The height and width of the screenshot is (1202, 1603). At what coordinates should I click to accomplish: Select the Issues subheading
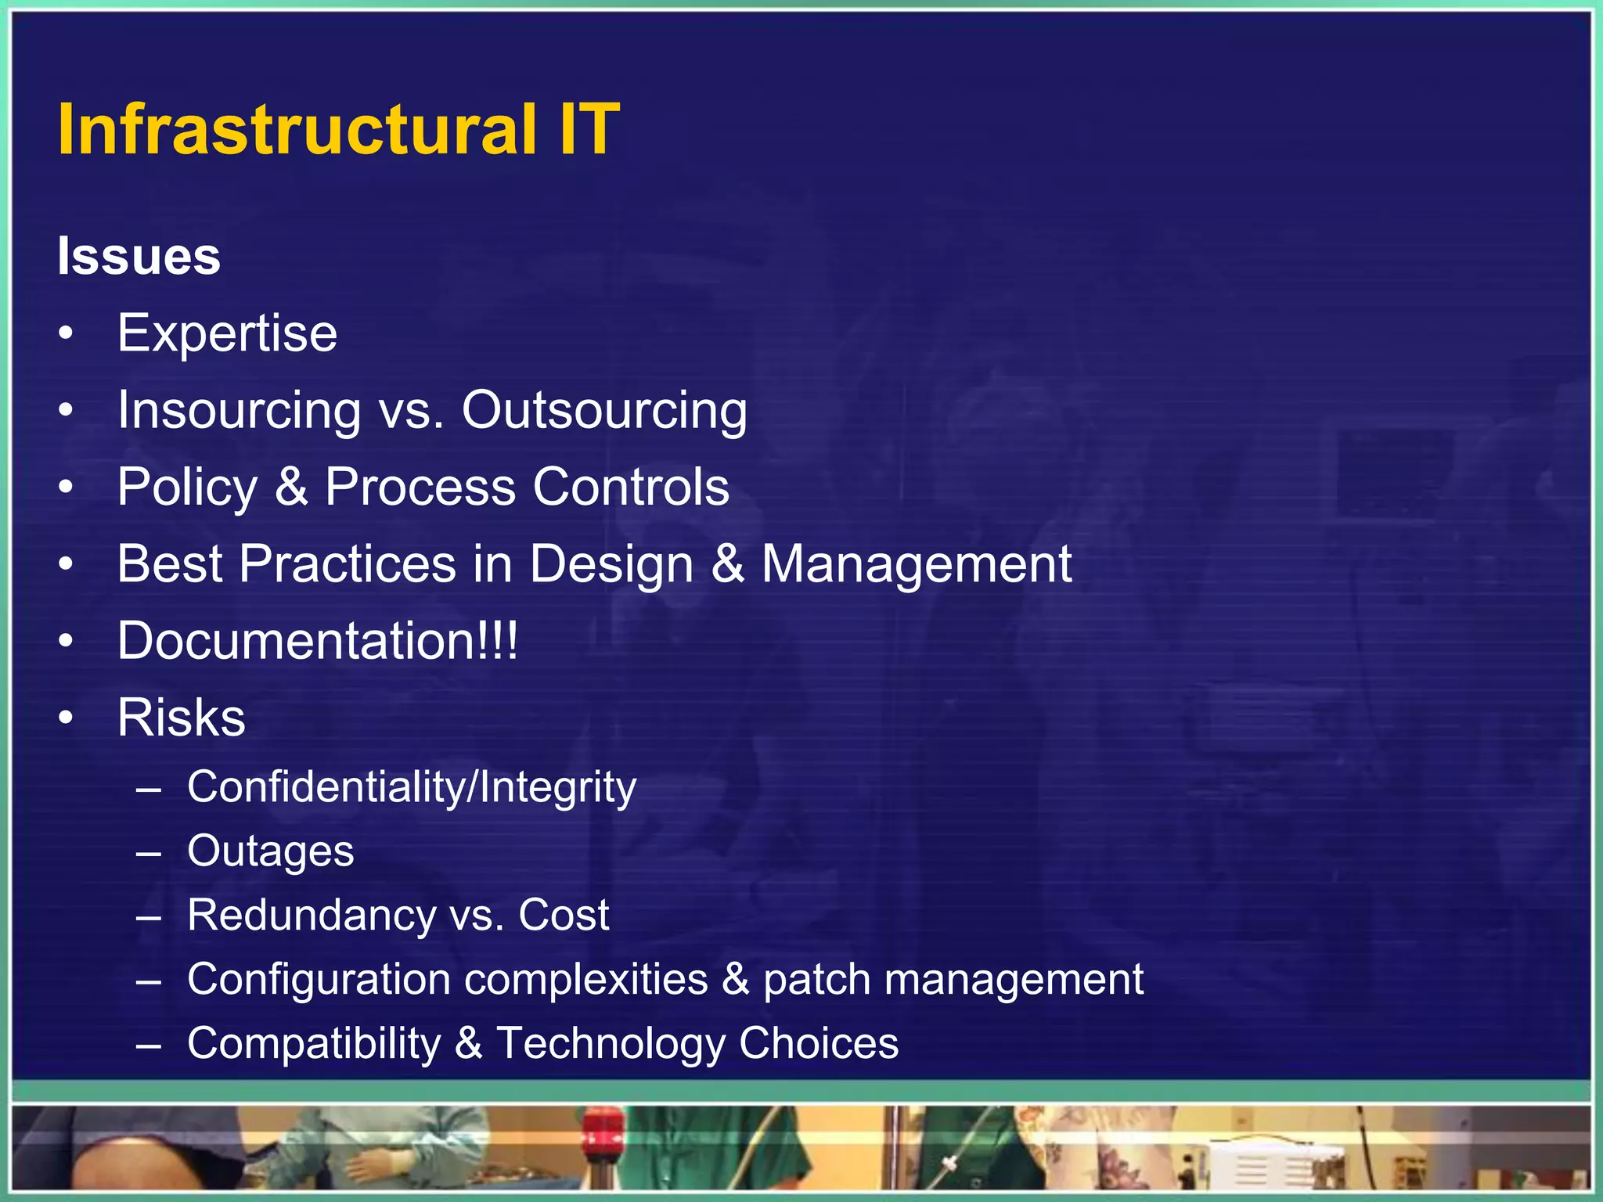(139, 256)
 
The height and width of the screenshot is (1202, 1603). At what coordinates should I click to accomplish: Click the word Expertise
(227, 333)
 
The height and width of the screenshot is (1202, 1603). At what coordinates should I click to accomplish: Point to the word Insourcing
(239, 410)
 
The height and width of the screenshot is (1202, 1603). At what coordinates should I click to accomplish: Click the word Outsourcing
(604, 410)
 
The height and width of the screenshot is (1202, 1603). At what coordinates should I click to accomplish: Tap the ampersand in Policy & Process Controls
(291, 487)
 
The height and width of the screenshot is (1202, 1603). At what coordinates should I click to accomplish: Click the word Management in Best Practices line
(917, 564)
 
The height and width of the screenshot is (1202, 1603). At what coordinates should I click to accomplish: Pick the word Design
(611, 564)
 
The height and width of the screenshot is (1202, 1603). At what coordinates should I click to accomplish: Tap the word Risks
(181, 718)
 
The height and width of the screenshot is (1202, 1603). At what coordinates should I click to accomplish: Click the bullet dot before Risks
(67, 718)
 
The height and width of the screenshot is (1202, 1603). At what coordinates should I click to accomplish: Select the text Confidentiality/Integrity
(412, 786)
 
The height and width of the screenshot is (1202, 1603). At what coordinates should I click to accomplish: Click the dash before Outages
(148, 852)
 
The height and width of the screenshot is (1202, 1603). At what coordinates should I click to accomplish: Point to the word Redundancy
(311, 915)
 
